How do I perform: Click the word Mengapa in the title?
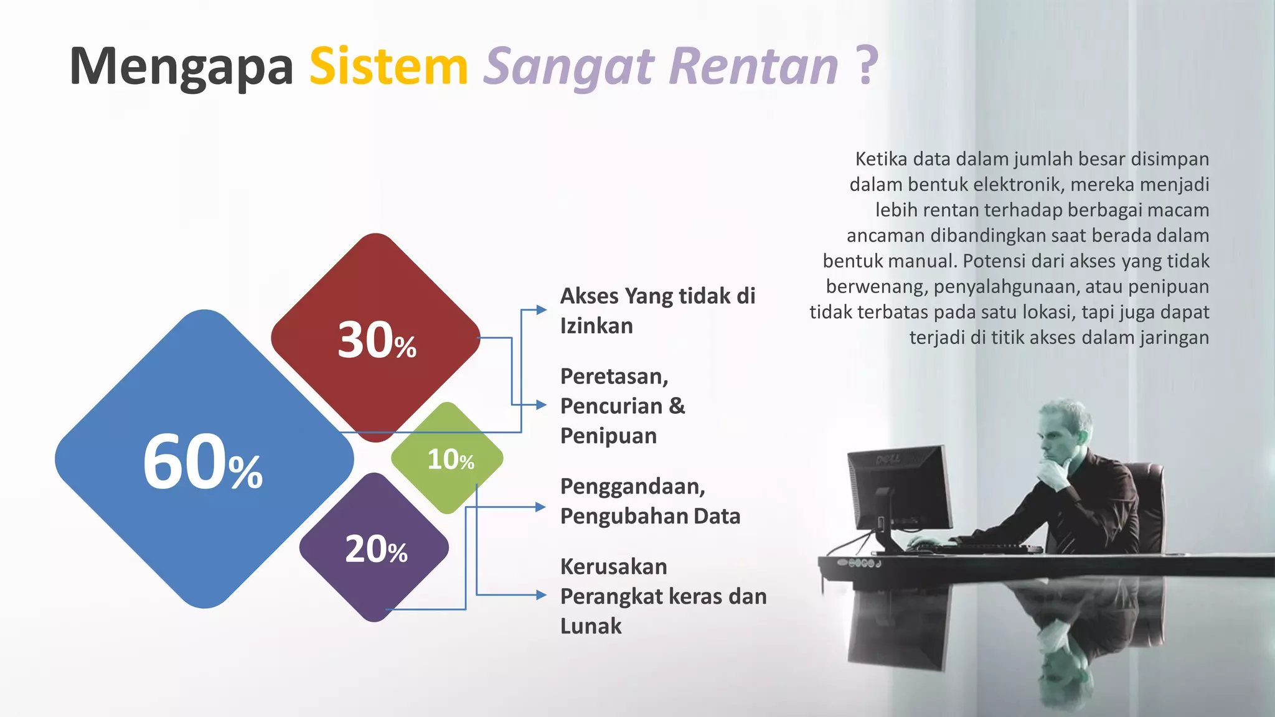click(181, 67)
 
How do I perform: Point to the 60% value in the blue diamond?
click(203, 463)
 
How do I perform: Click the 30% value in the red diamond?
click(377, 341)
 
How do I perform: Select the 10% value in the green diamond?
click(450, 460)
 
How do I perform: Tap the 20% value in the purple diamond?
click(376, 550)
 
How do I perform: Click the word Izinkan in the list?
click(596, 326)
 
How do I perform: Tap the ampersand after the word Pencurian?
click(677, 406)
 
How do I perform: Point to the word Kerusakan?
click(613, 567)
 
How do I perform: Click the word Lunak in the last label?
click(591, 626)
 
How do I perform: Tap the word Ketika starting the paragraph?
click(881, 159)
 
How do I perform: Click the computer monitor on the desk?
click(900, 492)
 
